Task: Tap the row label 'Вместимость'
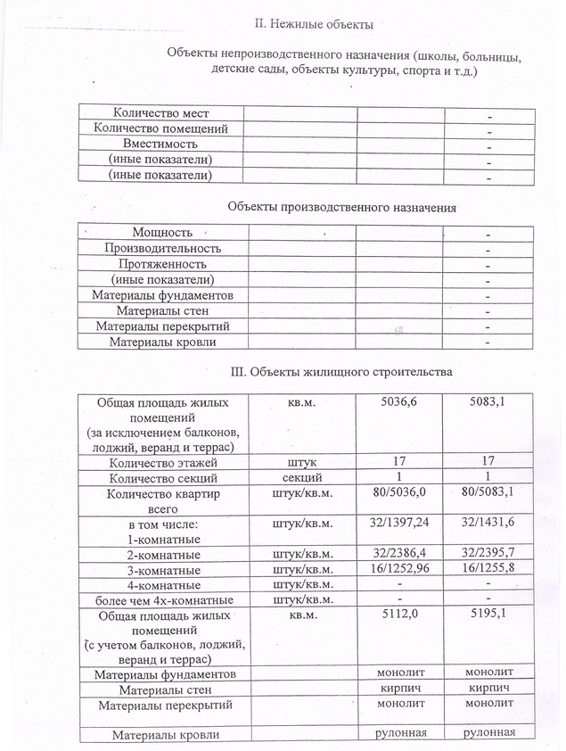pos(161,144)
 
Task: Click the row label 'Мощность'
pos(162,232)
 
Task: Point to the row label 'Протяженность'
pos(162,264)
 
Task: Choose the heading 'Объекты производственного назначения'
pos(341,207)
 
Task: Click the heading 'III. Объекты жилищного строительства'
pos(341,371)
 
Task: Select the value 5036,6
pos(398,403)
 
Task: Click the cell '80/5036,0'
pos(398,492)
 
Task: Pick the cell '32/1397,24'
pos(398,524)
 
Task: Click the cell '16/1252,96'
pos(398,569)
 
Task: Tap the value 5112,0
pos(398,615)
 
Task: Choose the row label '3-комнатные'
pos(162,569)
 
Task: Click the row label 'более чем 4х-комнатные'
pos(162,599)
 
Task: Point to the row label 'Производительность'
pos(162,248)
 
